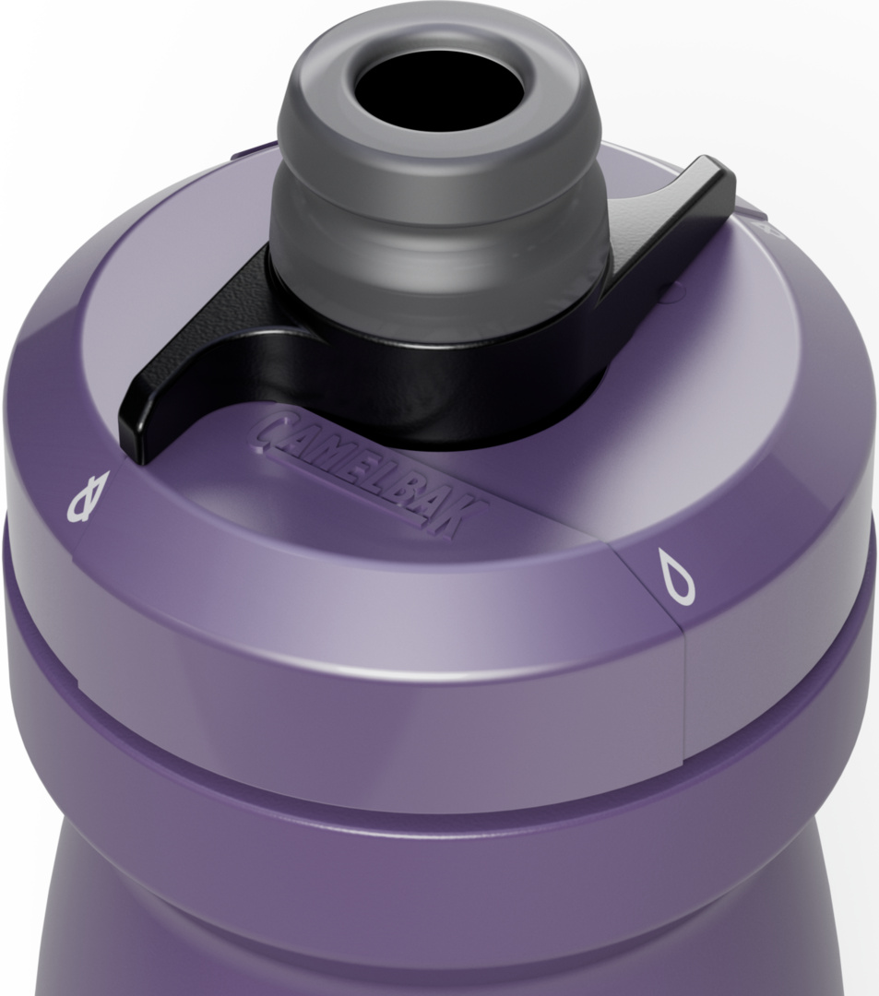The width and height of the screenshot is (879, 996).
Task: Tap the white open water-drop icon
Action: click(x=676, y=575)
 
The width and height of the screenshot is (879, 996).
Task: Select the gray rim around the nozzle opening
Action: click(x=440, y=89)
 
